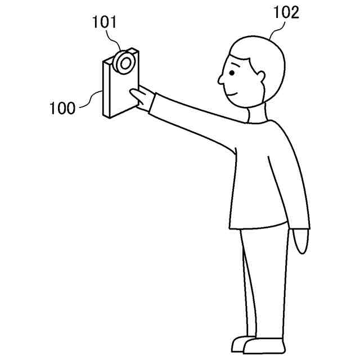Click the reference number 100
pos(62,107)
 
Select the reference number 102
pos(286,12)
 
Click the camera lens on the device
pos(125,61)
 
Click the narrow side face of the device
pos(105,90)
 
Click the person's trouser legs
pos(264,281)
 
